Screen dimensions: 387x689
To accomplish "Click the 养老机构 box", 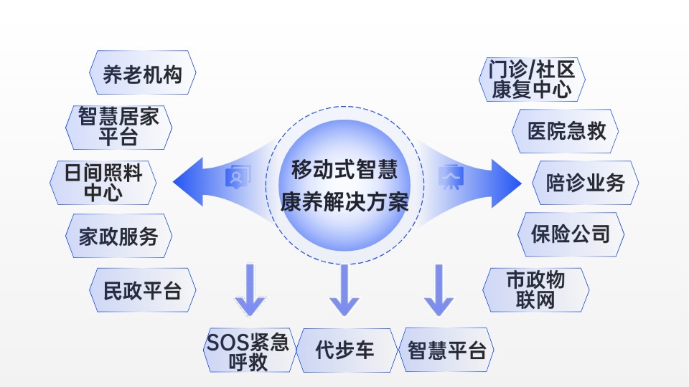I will (x=142, y=75).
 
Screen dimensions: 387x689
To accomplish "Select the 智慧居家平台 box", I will (x=118, y=127).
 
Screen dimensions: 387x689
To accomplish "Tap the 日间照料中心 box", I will (x=104, y=182).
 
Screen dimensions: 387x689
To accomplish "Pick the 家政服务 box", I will (x=118, y=236).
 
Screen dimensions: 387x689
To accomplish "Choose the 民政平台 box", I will (x=142, y=290).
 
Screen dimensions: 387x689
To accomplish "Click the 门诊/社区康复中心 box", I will (x=532, y=79).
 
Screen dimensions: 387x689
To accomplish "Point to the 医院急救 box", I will (x=566, y=130).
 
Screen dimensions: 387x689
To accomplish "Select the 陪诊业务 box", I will (x=585, y=183).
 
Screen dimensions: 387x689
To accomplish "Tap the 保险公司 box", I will (x=571, y=234).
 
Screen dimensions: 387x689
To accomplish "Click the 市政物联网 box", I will (x=536, y=290).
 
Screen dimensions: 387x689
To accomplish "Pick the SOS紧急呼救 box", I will (x=248, y=351).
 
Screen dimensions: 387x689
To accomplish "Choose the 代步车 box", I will (x=345, y=350).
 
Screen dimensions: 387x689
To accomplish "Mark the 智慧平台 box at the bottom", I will (x=446, y=350).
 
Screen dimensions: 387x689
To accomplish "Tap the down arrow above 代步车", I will (x=344, y=290).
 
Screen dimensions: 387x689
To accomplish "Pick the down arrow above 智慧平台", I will (x=438, y=290).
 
